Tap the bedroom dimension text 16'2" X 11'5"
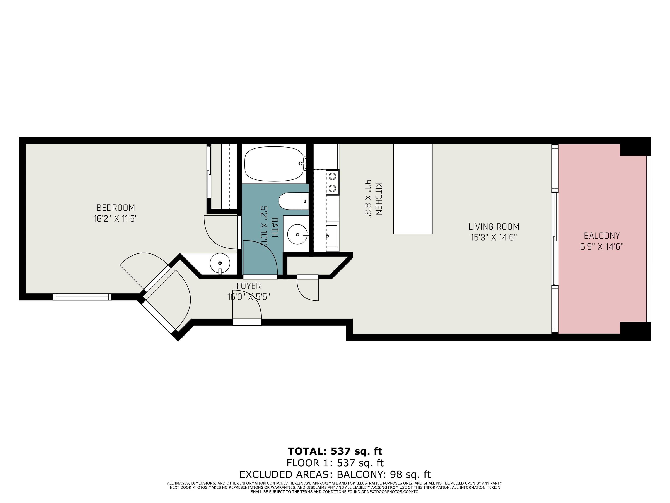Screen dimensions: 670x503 point(116,219)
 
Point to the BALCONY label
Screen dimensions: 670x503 point(602,236)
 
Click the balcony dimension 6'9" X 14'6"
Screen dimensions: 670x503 point(602,246)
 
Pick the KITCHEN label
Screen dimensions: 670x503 point(379,199)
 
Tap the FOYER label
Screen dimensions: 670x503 point(248,286)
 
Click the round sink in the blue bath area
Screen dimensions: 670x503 point(298,234)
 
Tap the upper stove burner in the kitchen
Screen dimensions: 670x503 point(332,176)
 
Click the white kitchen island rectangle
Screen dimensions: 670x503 point(413,189)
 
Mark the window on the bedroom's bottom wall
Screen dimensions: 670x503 point(82,297)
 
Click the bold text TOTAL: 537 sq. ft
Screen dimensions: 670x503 point(335,451)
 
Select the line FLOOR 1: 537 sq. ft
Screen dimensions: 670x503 point(335,463)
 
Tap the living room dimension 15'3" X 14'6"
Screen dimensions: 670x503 point(494,237)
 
